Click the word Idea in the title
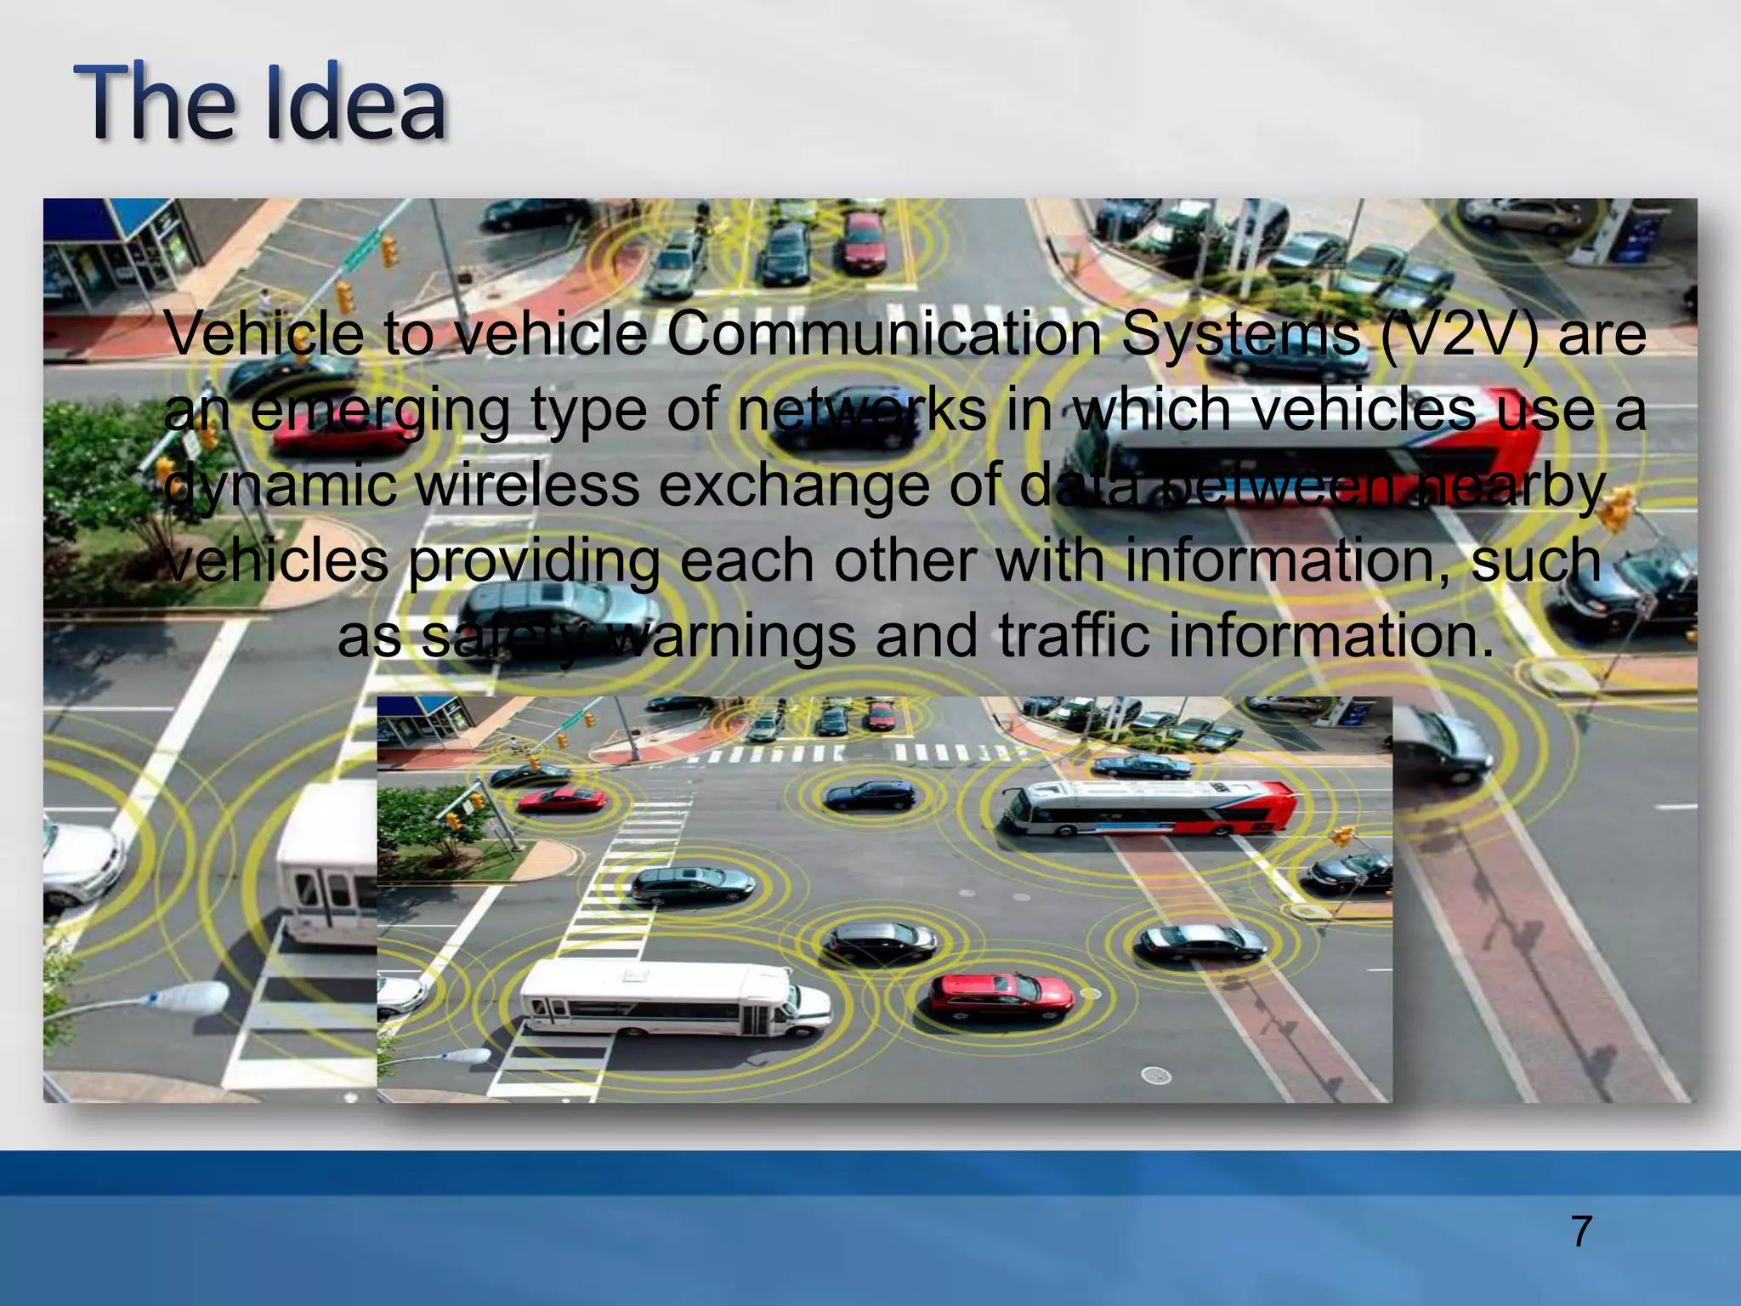355,104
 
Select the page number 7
1581,1231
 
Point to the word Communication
883,333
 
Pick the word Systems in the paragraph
1240,335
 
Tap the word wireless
527,485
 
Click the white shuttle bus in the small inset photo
672,1000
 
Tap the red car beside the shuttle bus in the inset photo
1001,996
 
